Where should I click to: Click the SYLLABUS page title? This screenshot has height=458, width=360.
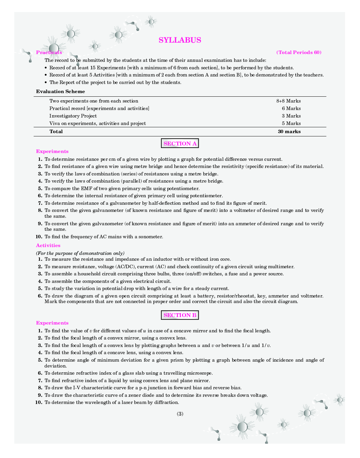click(180, 40)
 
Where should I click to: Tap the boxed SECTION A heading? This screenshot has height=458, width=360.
click(180, 144)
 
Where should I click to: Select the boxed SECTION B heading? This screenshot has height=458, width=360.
click(180, 315)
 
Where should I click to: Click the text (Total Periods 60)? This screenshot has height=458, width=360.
click(299, 52)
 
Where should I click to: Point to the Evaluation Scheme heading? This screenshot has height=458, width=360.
click(60, 91)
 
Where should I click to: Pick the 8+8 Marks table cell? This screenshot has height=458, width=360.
click(288, 101)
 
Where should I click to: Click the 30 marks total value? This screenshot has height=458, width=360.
click(289, 132)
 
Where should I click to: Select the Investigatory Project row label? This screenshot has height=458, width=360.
click(73, 116)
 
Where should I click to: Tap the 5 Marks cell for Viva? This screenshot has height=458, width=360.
click(291, 123)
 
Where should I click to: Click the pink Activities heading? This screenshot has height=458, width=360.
click(48, 245)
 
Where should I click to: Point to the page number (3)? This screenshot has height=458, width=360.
click(180, 414)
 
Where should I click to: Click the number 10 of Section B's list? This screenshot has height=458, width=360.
click(39, 402)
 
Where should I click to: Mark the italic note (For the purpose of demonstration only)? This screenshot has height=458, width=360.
click(80, 253)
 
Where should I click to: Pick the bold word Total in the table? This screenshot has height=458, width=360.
click(56, 132)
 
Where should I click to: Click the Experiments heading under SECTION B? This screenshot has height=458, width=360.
click(52, 323)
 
